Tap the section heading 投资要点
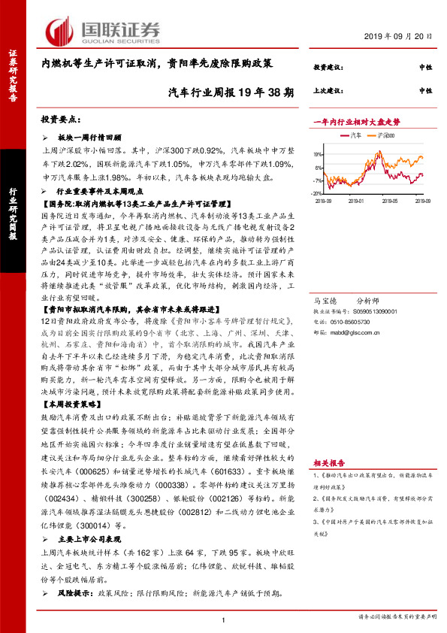pyautogui.click(x=61, y=120)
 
